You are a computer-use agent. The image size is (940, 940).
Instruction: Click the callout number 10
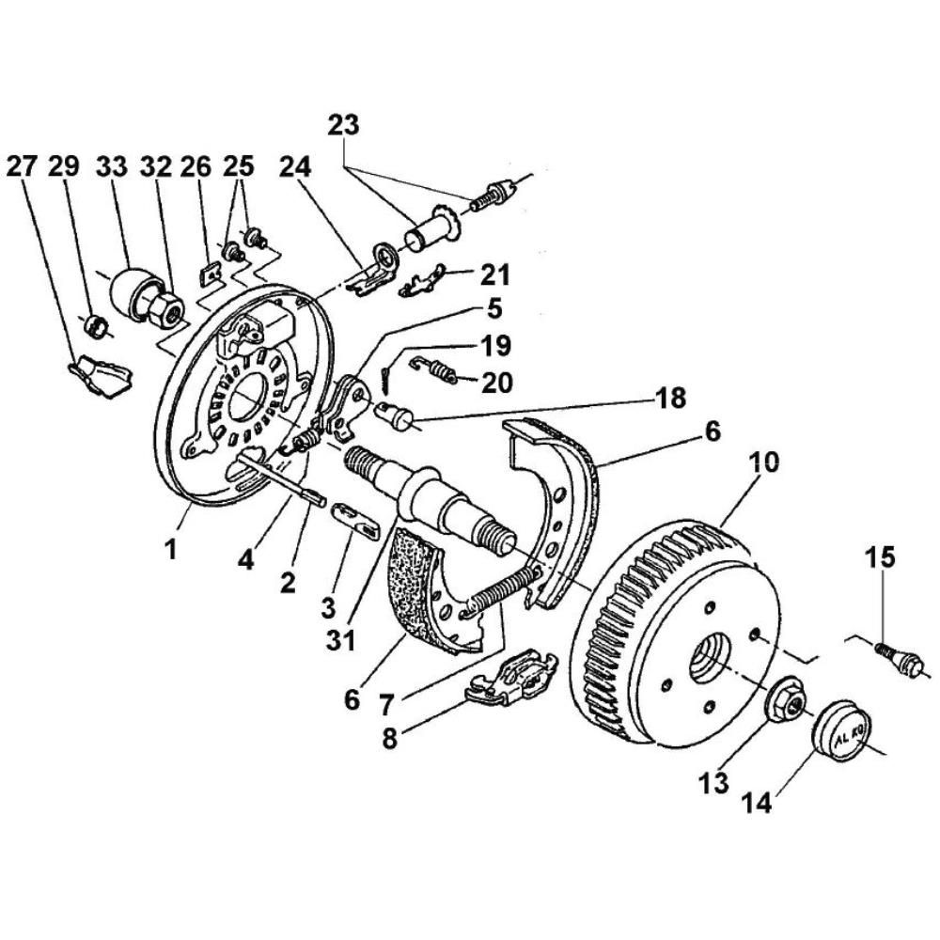tap(762, 462)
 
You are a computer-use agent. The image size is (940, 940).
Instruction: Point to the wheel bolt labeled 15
tap(900, 658)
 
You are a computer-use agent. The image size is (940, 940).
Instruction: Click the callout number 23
tap(343, 125)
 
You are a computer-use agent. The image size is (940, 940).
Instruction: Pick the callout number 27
tap(22, 166)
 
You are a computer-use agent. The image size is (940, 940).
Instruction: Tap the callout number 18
tap(670, 398)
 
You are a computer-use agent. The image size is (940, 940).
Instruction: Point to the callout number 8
tap(389, 739)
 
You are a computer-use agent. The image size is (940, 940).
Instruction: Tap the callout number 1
tap(171, 549)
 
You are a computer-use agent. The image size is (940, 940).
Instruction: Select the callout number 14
tap(758, 802)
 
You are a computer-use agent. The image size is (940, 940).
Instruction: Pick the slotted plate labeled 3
tap(356, 521)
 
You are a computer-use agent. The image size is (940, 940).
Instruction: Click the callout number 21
tap(494, 274)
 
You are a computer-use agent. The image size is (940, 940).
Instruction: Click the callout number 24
tap(295, 167)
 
